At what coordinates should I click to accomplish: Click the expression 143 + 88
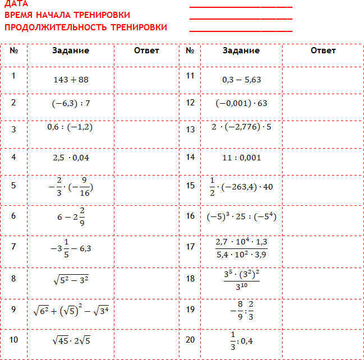71,80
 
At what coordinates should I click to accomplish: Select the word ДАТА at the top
16,3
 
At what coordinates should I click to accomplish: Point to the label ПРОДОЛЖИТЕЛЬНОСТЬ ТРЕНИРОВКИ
85,27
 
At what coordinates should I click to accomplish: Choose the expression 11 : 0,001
241,157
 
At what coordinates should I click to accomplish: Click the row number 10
14,339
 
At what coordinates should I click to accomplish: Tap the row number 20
190,339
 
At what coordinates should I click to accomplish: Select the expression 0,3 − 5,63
241,80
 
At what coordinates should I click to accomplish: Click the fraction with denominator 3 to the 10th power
241,279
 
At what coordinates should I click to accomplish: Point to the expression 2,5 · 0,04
71,158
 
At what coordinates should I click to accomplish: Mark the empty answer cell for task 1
146,80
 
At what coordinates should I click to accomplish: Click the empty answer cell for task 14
322,157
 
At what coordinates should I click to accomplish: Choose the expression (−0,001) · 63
241,103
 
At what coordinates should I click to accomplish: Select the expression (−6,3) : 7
71,103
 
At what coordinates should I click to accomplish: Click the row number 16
190,215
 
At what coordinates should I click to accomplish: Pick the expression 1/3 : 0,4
241,340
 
